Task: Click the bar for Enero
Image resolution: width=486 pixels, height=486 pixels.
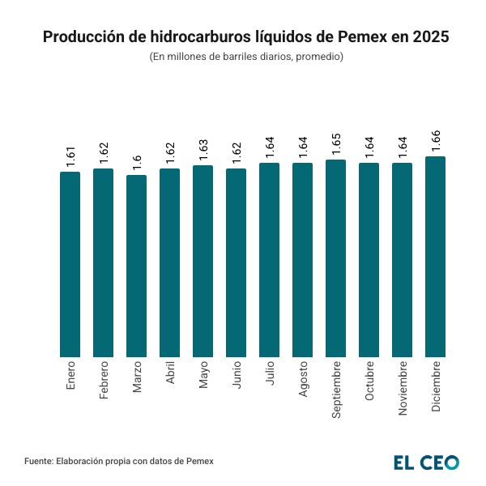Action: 70,264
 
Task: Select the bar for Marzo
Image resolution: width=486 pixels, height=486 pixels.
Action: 137,266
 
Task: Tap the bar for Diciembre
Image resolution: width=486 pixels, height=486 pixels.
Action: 435,257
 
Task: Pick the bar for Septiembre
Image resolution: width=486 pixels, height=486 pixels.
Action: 335,258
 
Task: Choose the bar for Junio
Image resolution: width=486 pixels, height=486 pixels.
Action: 236,262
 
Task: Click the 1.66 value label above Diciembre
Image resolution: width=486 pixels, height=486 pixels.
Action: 436,141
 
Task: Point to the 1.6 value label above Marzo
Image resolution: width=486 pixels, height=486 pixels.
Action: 137,160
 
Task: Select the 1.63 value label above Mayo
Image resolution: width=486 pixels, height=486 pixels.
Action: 203,150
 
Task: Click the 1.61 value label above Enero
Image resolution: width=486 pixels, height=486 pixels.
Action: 70,156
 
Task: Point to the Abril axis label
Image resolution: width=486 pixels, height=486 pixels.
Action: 170,376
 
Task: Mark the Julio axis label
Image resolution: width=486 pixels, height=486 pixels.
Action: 270,374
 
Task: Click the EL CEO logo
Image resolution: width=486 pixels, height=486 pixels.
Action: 426,462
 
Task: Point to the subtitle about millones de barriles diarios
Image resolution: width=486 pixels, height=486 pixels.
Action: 246,57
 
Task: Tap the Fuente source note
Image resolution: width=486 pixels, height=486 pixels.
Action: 119,461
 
